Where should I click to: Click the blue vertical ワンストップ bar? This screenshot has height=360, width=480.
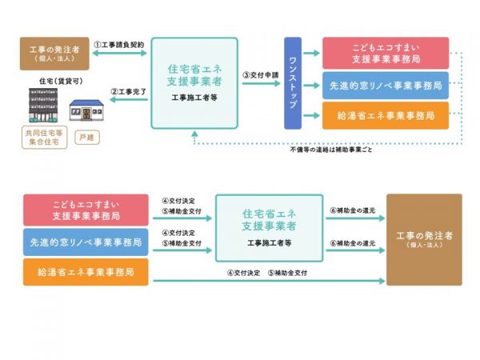pyautogui.click(x=293, y=82)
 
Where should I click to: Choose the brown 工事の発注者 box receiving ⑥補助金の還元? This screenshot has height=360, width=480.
pyautogui.click(x=423, y=239)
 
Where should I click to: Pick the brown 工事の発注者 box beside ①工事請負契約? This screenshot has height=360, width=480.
pyautogui.click(x=54, y=52)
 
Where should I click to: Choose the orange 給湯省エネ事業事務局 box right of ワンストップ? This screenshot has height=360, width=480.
pyautogui.click(x=386, y=115)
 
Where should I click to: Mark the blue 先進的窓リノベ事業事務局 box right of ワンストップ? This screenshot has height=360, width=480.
pyautogui.click(x=386, y=84)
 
